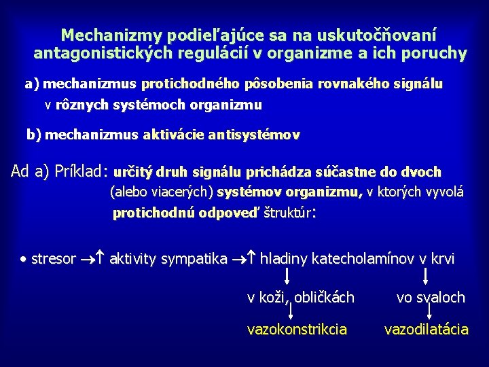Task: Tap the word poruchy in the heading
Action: coord(433,52)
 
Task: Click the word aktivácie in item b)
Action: coord(174,135)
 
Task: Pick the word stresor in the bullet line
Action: coord(54,259)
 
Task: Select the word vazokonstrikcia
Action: coord(297,330)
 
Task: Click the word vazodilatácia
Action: coord(427,330)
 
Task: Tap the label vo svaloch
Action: coord(431,297)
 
